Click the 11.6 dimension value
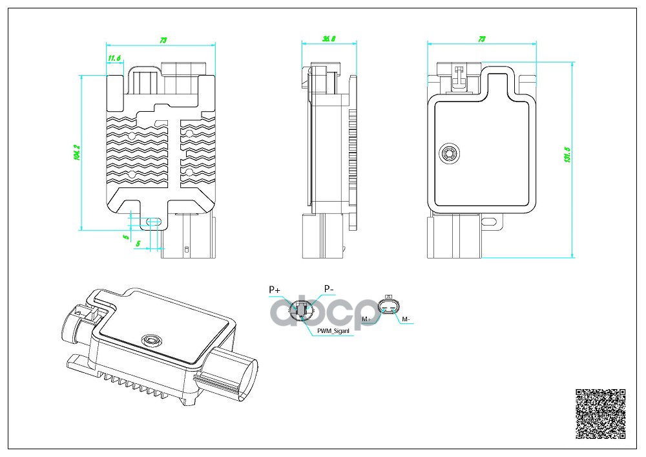pyautogui.click(x=114, y=59)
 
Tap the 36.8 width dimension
pyautogui.click(x=328, y=39)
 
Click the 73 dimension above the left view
pyautogui.click(x=163, y=40)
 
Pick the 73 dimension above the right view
pyautogui.click(x=481, y=39)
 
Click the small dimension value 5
pyautogui.click(x=125, y=237)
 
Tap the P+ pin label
pyautogui.click(x=274, y=290)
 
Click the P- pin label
pyautogui.click(x=329, y=288)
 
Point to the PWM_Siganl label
pyautogui.click(x=333, y=331)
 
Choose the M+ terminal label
pyautogui.click(x=367, y=319)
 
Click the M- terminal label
pyautogui.click(x=406, y=319)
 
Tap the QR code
pyautogui.click(x=600, y=414)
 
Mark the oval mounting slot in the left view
pyautogui.click(x=153, y=222)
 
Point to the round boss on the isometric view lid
pyautogui.click(x=152, y=339)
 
